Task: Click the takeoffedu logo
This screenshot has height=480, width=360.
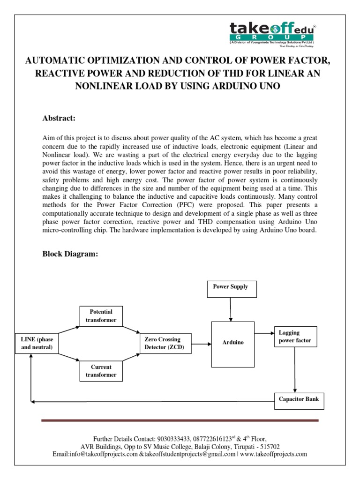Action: pos(272,35)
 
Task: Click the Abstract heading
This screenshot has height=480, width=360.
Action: pos(59,118)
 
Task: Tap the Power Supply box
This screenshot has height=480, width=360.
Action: pos(231,287)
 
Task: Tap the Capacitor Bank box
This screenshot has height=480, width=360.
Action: pos(299,399)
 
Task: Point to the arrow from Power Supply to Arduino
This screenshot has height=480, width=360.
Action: pos(230,309)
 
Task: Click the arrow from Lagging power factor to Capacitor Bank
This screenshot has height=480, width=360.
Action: pos(295,370)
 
